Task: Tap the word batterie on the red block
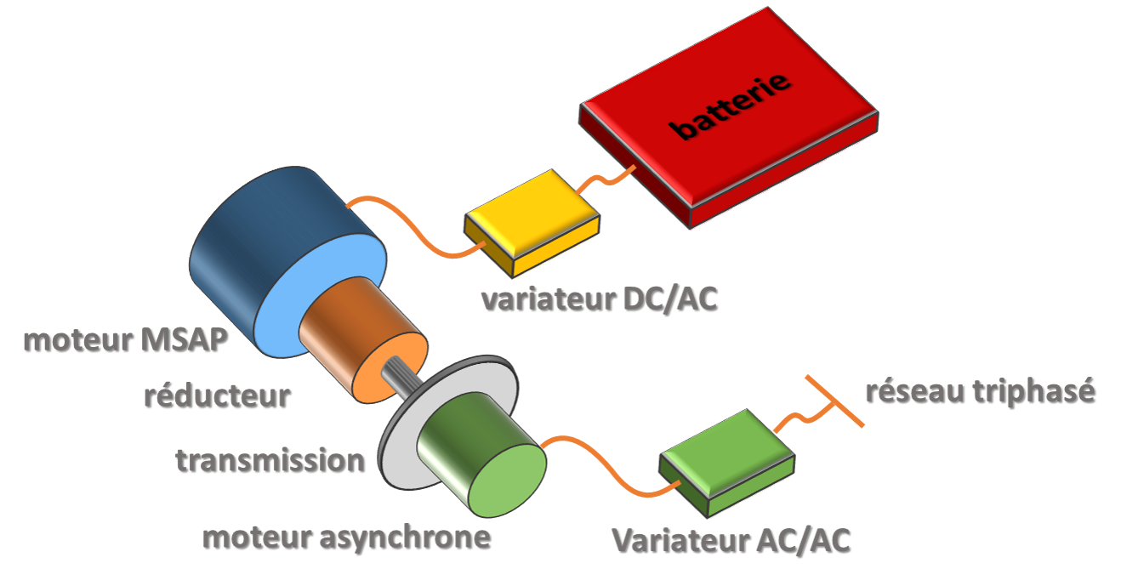coord(731,106)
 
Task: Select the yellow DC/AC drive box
coord(531,221)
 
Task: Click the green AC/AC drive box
coord(727,459)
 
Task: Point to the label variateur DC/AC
coord(598,299)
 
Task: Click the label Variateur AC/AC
coord(731,539)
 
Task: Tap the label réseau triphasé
coord(979,390)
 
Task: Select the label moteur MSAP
coord(125,339)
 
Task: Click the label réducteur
coord(216,395)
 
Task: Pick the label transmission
coord(270,460)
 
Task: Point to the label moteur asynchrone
coord(345,537)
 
